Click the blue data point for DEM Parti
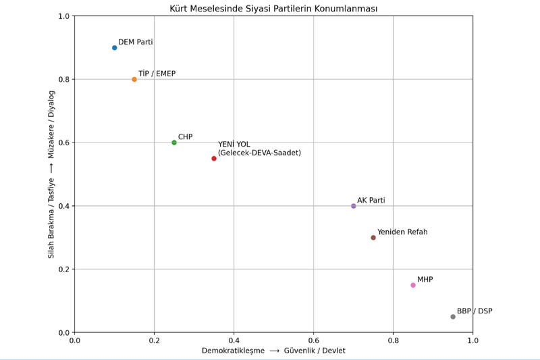115,48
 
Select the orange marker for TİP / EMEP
134,80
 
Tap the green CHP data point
174,143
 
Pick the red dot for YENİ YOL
214,159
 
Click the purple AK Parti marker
354,206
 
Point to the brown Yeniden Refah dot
373,238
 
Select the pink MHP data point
413,285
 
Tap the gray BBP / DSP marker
453,317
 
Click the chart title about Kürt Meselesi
273,9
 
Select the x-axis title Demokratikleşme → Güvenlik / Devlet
273,351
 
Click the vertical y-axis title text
51,174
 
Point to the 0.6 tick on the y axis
63,143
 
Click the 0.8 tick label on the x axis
393,340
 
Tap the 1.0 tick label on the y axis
63,16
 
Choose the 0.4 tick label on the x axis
234,340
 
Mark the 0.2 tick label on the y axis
63,269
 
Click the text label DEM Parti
136,42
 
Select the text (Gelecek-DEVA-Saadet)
259,153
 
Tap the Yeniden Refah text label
402,232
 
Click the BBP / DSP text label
475,311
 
